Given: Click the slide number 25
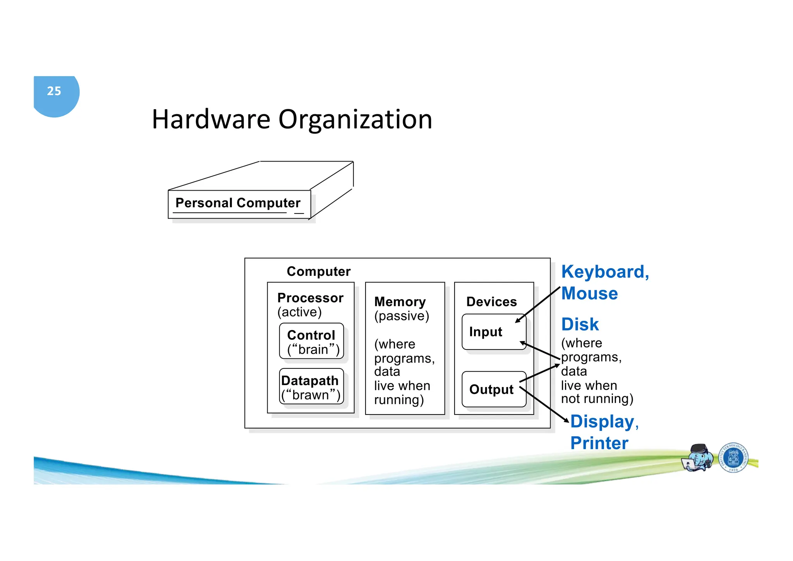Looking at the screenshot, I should point(54,91).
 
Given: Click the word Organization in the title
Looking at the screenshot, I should point(355,120).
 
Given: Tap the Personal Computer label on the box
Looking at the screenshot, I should point(238,203).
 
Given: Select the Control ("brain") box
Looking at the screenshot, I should point(311,341).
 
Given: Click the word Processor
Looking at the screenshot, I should point(310,298).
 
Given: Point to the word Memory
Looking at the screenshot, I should point(400,302).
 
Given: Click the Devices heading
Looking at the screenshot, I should point(491,302).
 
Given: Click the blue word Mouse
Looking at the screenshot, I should point(589,294).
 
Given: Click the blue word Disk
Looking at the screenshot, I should point(580,325).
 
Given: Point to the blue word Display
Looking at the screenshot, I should point(602,422).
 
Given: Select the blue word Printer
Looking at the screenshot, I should point(599,443).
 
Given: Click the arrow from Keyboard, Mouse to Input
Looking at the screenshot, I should point(538,305).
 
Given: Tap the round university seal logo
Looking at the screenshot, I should point(733,458).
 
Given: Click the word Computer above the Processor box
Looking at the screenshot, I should point(318,272).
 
